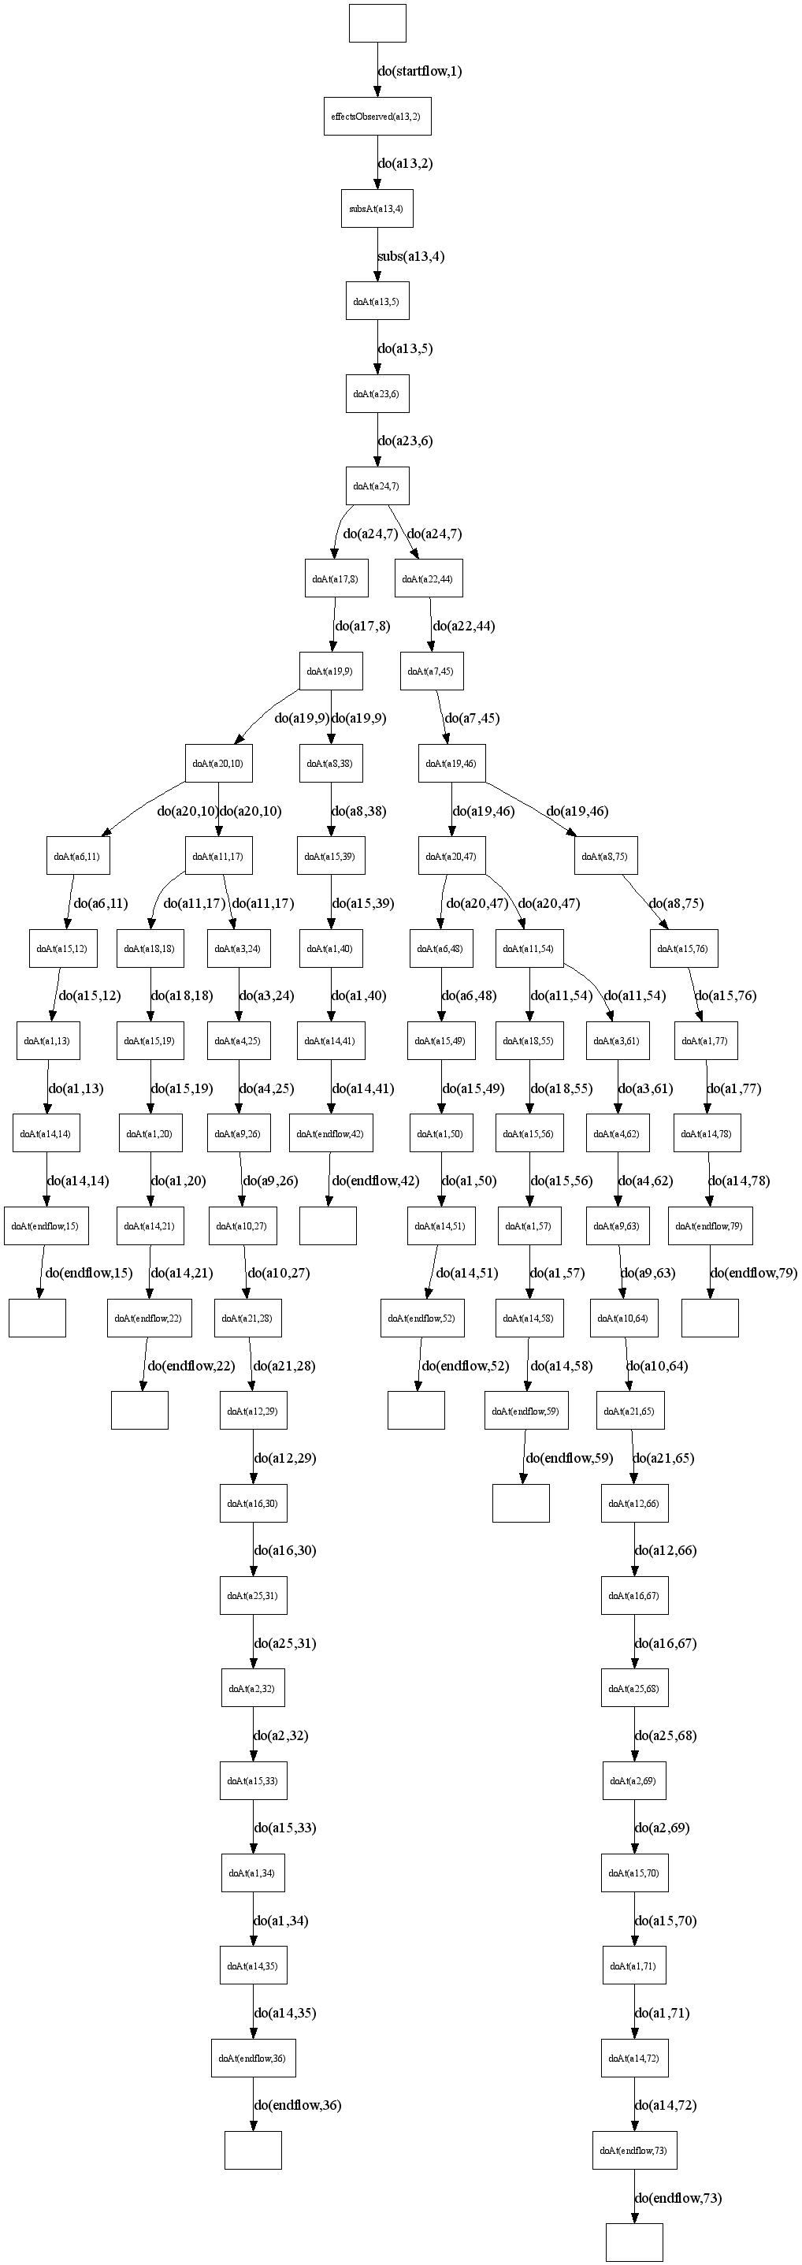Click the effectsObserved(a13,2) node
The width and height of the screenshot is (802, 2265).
[377, 116]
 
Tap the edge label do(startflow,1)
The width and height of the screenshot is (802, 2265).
[419, 71]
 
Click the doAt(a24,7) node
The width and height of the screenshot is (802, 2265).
[377, 486]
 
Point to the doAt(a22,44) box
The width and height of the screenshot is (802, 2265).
[429, 578]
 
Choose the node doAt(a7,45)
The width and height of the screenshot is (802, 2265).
[431, 671]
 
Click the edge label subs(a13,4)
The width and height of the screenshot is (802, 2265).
[410, 257]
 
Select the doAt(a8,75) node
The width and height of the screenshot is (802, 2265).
[605, 856]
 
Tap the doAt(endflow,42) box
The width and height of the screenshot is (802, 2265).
[330, 1133]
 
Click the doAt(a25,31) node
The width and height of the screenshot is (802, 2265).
[252, 1595]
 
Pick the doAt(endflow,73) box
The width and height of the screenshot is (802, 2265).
[633, 2150]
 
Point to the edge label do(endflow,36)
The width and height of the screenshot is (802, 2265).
[297, 2105]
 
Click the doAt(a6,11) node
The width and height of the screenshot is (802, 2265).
[77, 856]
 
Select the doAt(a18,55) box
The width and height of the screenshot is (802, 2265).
[529, 1040]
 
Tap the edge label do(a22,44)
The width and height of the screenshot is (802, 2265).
[463, 626]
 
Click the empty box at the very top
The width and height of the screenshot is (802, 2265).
[377, 23]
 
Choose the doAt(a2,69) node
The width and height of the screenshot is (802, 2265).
[633, 1780]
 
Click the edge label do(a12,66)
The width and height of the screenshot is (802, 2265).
[665, 1550]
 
